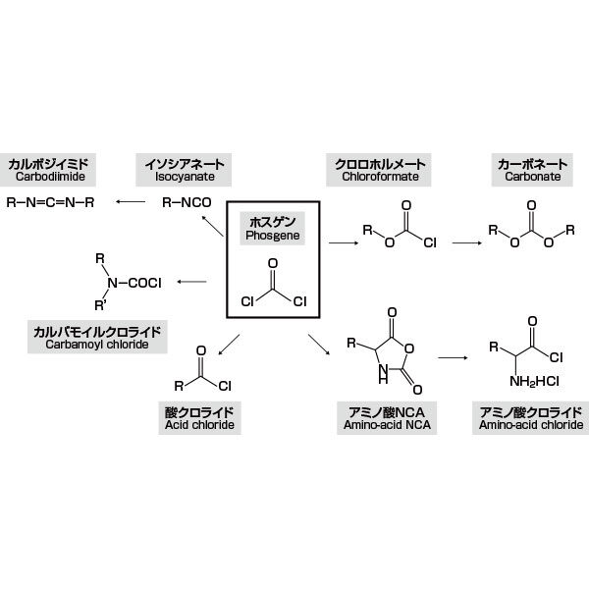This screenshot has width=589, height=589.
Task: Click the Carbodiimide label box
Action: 48,170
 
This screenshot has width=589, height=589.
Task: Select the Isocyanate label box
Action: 184,170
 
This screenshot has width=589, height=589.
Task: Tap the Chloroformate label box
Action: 379,170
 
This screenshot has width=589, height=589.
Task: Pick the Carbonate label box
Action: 532,170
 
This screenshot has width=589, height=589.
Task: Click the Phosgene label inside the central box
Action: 273,229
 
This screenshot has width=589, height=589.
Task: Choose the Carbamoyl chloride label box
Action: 97,337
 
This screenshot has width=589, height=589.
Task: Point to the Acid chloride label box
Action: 199,418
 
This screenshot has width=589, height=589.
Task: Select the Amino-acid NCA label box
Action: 387,418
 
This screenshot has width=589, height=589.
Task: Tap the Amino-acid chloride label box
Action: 531,418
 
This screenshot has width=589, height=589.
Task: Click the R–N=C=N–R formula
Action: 50,203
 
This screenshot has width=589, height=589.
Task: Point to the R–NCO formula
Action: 187,203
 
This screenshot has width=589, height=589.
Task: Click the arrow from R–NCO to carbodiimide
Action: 131,202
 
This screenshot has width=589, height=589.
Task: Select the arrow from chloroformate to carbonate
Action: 467,243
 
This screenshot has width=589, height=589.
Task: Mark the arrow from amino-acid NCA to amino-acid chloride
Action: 453,357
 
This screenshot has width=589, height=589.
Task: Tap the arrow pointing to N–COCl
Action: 192,282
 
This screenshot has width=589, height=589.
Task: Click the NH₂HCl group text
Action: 534,382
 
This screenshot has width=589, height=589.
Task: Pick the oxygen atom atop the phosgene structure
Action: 273,263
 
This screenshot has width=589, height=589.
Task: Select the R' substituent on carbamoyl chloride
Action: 100,305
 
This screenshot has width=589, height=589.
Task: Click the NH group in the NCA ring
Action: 383,374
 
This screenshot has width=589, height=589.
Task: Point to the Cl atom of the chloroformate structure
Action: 430,242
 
